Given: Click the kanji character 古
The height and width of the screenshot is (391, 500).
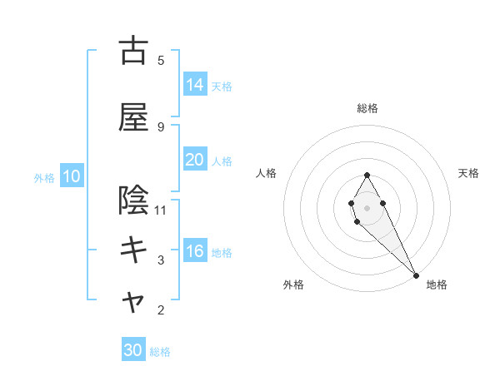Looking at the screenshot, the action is (133, 52).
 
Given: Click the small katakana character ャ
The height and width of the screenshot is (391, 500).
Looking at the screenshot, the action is (133, 304).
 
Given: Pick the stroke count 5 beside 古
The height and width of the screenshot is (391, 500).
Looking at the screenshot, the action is (161, 60).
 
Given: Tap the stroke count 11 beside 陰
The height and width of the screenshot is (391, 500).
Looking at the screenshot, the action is (162, 210).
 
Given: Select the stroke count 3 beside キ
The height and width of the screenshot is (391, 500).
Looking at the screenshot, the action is (161, 260).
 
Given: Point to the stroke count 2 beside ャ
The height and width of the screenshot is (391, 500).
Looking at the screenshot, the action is (161, 310).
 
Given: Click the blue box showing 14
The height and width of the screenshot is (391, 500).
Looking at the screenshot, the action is (194, 85).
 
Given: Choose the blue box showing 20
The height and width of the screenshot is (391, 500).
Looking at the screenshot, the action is (194, 160).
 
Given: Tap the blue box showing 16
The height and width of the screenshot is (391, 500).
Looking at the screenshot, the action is (194, 251).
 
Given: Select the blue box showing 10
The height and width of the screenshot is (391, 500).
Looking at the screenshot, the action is (71, 176).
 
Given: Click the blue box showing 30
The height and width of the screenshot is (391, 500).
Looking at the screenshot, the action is (133, 350).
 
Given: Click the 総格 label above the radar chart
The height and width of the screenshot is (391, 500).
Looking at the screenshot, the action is (367, 108).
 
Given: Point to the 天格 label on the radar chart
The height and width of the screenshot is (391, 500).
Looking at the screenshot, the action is (469, 173).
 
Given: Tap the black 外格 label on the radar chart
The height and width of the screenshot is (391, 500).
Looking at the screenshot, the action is (293, 285).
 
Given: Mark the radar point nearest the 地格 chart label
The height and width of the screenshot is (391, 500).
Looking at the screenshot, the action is (416, 275).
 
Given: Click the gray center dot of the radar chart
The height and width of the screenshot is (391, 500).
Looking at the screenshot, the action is (367, 206).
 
